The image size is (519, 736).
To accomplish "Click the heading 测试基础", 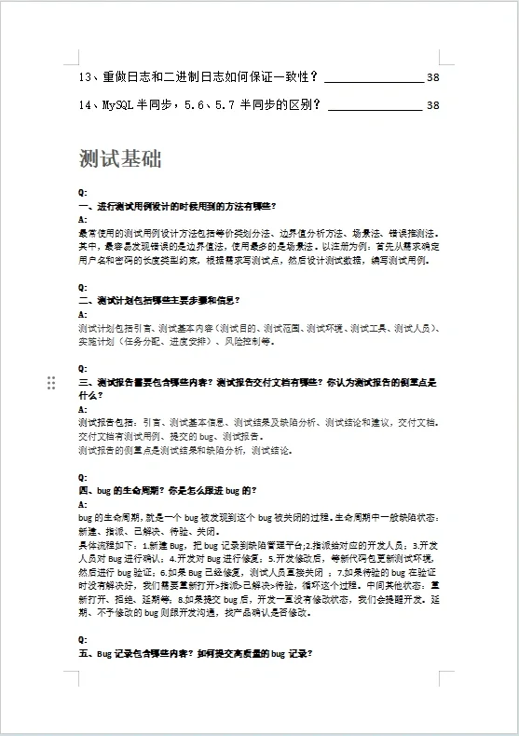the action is [120, 159].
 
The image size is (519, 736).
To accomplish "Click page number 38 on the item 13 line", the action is [432, 77].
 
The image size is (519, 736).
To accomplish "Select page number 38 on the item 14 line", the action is [432, 105].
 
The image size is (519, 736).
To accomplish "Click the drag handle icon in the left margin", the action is [51, 383].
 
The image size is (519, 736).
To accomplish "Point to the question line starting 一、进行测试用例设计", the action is [177, 205].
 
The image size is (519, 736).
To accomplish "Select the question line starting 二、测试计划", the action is [159, 301].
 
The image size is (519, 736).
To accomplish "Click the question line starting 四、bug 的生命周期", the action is [168, 490].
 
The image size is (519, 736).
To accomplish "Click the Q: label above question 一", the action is [83, 192].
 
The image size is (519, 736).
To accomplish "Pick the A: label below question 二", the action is [83, 315].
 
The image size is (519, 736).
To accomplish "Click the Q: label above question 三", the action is [83, 369].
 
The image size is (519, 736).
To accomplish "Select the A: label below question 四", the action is [83, 504].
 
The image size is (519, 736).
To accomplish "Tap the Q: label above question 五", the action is [83, 640].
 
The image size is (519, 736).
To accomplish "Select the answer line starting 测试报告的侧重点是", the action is [186, 450].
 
